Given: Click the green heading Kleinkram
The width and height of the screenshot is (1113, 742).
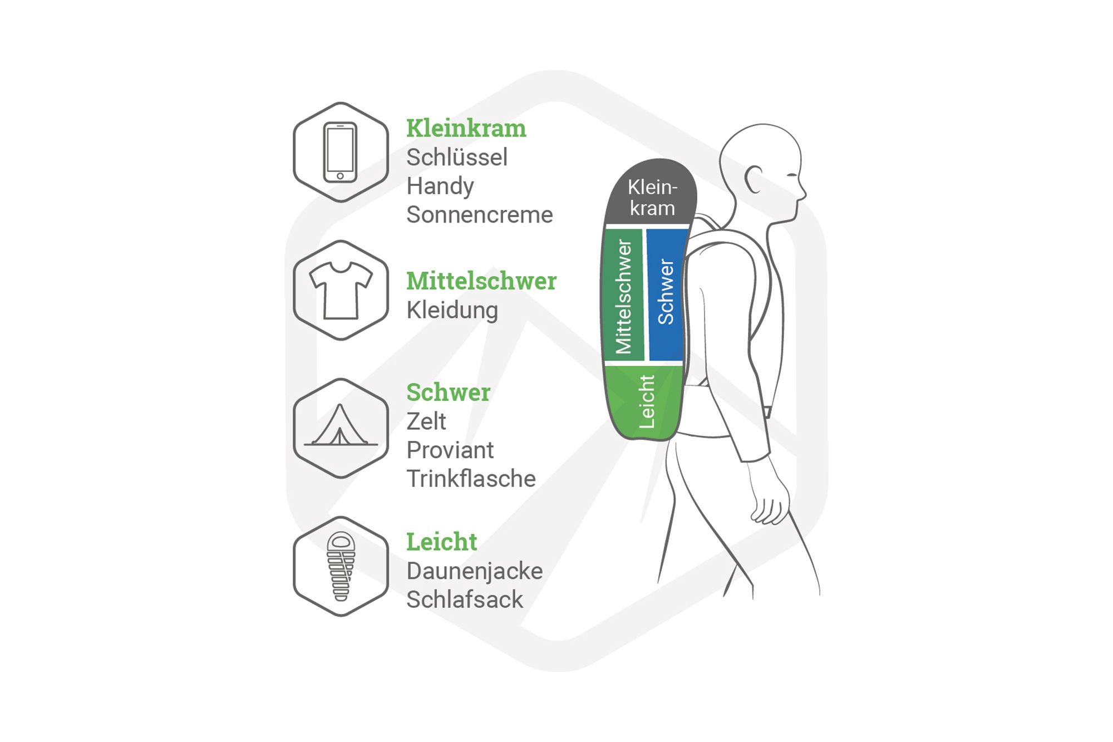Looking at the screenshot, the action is click(x=466, y=129).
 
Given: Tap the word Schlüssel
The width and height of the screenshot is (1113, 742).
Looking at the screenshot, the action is click(x=456, y=158).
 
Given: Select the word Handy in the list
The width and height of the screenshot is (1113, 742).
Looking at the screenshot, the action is click(x=440, y=186).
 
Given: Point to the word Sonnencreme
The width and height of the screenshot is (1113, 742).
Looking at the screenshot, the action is click(x=479, y=215).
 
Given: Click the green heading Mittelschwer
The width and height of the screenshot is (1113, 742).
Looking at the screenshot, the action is click(x=481, y=281).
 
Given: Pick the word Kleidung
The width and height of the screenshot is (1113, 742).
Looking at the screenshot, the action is click(x=452, y=310).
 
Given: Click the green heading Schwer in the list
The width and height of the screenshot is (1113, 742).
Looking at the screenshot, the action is click(x=448, y=392).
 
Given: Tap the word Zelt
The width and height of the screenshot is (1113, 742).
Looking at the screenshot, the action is click(x=426, y=421).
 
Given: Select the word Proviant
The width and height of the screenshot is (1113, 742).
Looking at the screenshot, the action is click(x=450, y=450).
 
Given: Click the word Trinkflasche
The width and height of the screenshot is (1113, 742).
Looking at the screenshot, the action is click(x=471, y=479).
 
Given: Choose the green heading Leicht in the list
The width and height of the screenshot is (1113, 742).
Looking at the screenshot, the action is click(x=441, y=542).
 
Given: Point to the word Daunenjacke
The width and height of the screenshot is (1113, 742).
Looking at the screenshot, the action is click(x=474, y=571).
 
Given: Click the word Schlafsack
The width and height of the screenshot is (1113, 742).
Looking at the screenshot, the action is click(x=464, y=600).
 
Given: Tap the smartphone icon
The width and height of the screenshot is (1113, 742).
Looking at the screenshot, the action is click(x=340, y=152).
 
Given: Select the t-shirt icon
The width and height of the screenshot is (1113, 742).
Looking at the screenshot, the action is click(x=341, y=290).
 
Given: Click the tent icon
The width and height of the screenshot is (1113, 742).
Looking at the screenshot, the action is click(x=340, y=427).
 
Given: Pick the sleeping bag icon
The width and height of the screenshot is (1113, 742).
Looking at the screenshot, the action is click(x=341, y=566).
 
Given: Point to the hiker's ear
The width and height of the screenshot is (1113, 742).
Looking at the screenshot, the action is click(x=754, y=179).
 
